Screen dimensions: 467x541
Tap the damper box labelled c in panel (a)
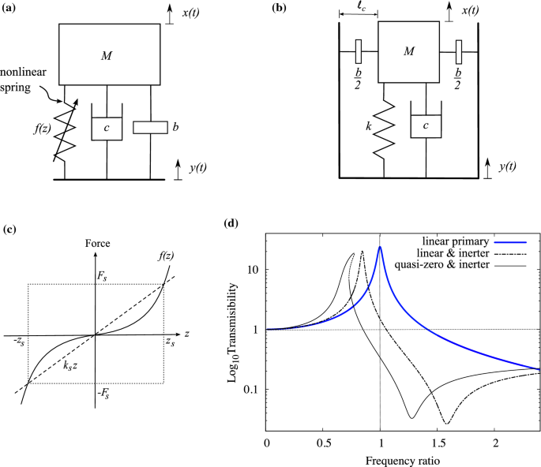107,127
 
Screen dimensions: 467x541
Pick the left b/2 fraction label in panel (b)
357,79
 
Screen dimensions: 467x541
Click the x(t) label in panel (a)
193,12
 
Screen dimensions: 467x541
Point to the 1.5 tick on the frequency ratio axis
439,445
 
